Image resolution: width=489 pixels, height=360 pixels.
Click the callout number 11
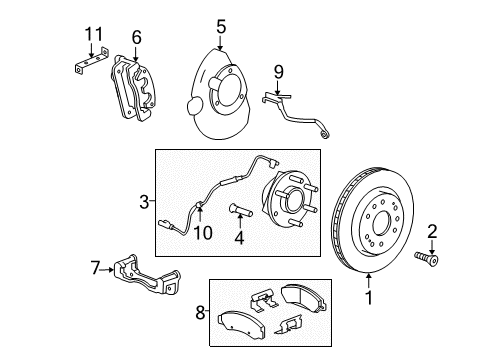click(94, 34)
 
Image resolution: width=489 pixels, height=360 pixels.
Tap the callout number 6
click(136, 37)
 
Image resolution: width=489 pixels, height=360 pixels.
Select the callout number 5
click(221, 27)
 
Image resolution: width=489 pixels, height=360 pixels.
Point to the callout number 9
click(279, 72)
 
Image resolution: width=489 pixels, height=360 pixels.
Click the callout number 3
click(144, 202)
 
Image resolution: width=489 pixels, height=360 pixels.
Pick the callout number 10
click(203, 233)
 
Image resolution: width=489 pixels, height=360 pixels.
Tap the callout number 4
click(239, 238)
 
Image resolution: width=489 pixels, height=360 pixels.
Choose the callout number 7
click(96, 268)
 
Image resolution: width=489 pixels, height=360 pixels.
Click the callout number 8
click(200, 313)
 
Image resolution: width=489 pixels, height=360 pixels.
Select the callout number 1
click(369, 298)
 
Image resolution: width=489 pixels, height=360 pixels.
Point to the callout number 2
click(432, 231)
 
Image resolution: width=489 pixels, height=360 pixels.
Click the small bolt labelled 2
click(426, 259)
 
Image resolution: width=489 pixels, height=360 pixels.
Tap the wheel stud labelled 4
click(241, 210)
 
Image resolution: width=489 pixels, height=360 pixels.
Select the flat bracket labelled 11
click(91, 60)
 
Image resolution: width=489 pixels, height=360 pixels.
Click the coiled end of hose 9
click(324, 134)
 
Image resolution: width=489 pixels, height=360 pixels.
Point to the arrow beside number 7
click(107, 269)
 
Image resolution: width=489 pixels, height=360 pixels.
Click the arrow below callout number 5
click(220, 43)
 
